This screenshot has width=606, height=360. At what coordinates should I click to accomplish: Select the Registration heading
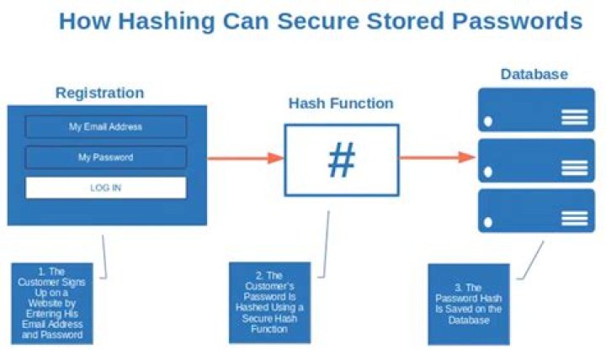tap(99, 93)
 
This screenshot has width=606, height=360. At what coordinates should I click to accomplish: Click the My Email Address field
tap(105, 127)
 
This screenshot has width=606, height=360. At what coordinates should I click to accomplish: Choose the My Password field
tap(105, 157)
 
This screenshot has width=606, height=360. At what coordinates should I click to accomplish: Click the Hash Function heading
tap(341, 104)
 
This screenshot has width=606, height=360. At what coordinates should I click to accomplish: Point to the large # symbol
tap(341, 160)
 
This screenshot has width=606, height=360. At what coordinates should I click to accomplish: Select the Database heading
tap(534, 74)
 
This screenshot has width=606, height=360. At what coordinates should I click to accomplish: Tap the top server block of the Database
tap(536, 110)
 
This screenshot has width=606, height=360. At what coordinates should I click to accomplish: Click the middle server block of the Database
tap(536, 161)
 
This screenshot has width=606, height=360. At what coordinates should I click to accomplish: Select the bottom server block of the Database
tap(536, 210)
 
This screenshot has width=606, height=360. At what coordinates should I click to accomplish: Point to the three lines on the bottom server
tap(575, 219)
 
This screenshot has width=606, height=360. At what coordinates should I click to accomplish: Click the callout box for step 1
tap(52, 303)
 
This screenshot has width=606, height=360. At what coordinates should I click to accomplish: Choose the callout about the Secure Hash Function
tap(269, 303)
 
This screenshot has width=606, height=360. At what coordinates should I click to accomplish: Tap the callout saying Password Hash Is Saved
tap(469, 303)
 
